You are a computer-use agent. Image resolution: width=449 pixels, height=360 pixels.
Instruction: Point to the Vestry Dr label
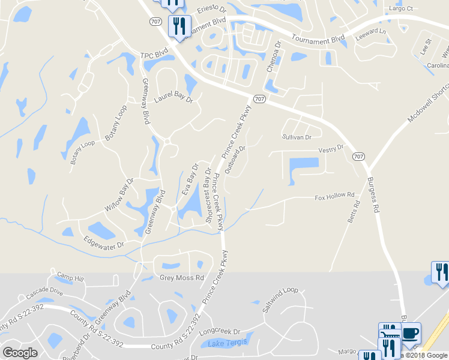(331, 148)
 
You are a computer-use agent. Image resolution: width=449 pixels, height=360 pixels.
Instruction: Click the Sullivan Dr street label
(297, 137)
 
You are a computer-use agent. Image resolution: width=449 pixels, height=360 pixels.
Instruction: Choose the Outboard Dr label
(235, 160)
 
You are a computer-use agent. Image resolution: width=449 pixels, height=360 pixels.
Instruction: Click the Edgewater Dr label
(104, 245)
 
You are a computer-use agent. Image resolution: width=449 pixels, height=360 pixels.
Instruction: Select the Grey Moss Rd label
(182, 278)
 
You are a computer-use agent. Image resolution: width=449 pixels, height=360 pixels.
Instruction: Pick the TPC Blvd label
(153, 55)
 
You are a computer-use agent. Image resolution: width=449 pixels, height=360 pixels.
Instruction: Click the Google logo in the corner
(20, 353)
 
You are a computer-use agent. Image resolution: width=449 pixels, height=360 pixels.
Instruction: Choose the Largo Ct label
(402, 8)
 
